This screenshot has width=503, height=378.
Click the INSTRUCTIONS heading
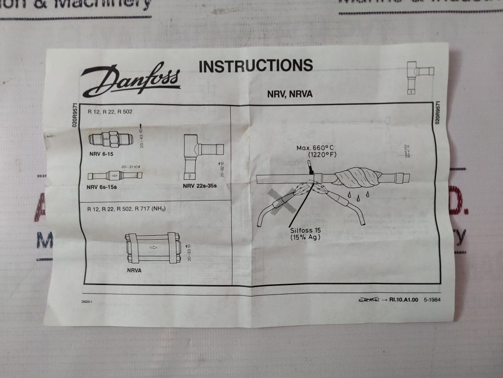pyautogui.click(x=255, y=66)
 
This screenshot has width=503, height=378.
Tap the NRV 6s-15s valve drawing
pyautogui.click(x=115, y=175)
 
